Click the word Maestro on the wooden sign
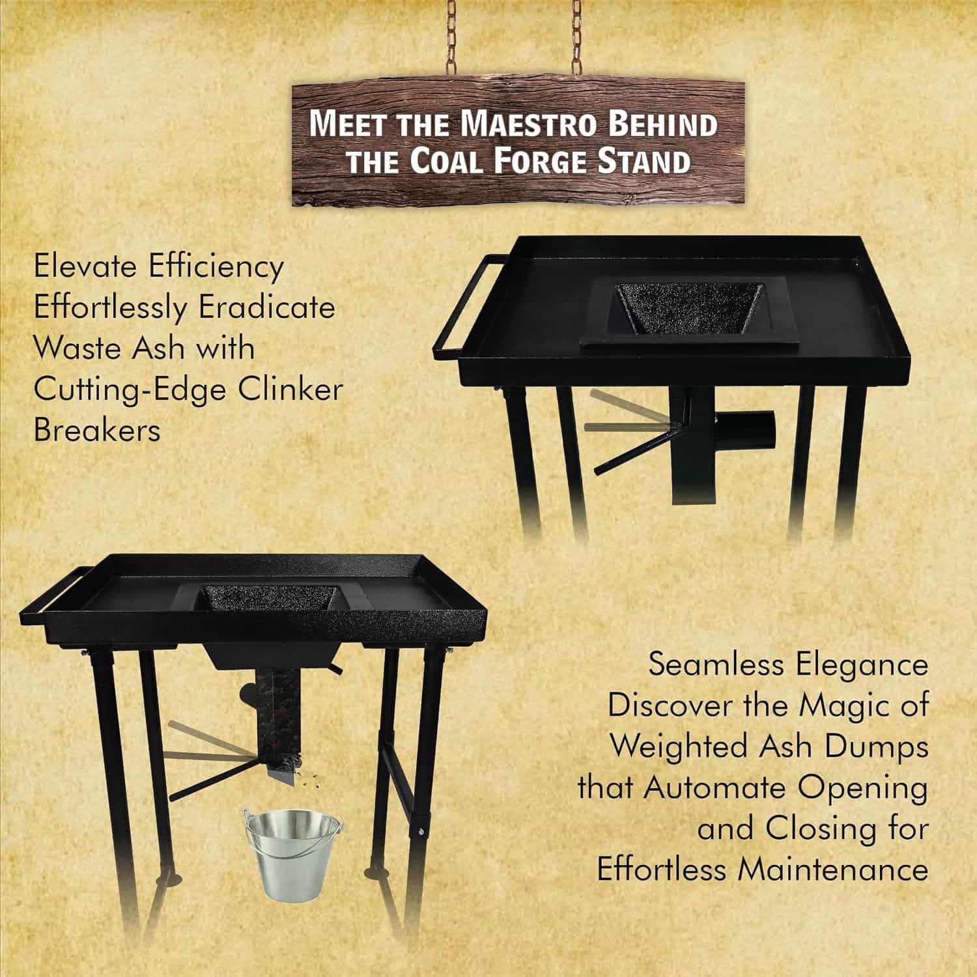tap(528, 124)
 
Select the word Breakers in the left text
tap(97, 431)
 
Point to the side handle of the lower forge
tap(59, 586)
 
